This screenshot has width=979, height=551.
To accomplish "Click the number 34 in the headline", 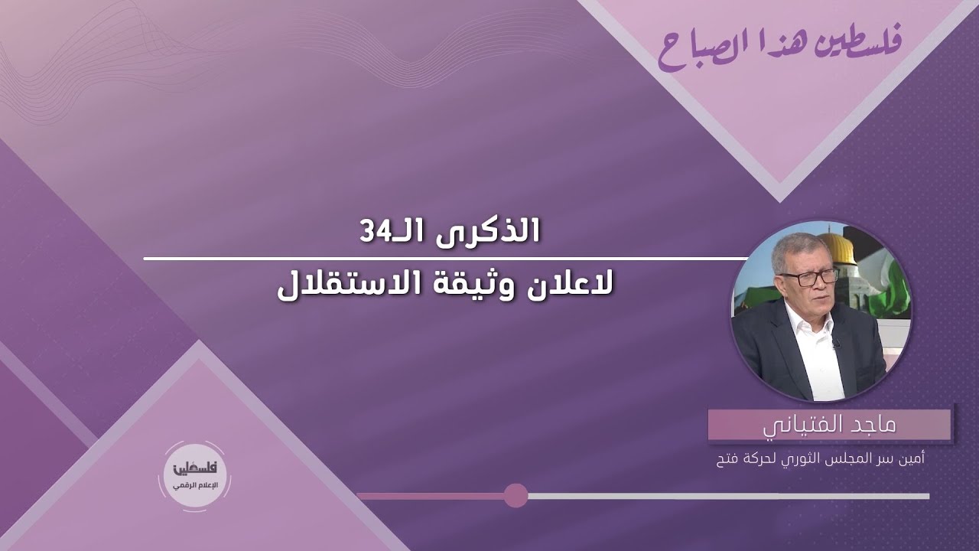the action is (x=374, y=232).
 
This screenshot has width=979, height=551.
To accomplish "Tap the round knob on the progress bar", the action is (x=516, y=496).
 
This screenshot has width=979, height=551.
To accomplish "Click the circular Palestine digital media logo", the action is (x=194, y=476).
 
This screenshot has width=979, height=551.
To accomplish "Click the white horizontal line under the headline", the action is (x=446, y=259).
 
